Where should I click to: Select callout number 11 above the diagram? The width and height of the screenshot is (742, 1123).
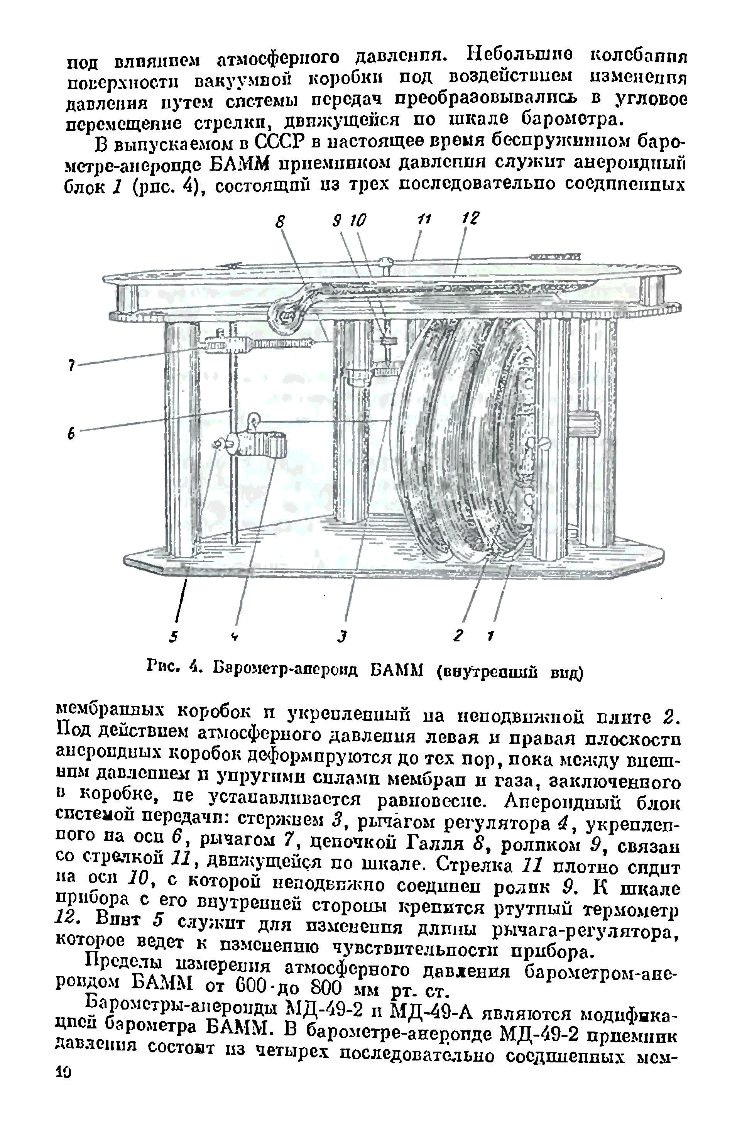point(423,219)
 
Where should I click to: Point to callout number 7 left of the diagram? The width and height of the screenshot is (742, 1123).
point(71,365)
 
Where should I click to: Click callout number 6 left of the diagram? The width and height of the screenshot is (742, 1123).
point(71,433)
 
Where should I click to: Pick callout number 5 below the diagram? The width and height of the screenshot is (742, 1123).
point(174,638)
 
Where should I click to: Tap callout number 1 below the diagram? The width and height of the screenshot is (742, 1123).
point(492,638)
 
